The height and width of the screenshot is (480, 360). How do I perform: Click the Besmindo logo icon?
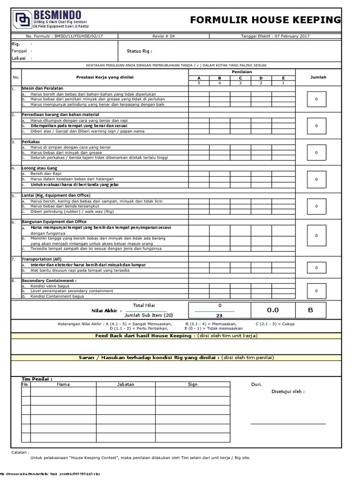22,19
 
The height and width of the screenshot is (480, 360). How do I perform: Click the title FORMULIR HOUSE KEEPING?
265,20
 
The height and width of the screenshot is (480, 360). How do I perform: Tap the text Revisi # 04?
163,36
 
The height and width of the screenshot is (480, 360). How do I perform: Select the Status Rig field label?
139,51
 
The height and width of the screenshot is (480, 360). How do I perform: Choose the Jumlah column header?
318,77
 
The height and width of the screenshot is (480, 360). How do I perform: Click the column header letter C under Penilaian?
240,78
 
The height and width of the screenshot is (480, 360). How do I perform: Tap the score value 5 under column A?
198,83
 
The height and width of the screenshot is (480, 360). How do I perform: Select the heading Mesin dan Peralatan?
42,88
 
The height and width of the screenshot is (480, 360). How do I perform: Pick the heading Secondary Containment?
49,281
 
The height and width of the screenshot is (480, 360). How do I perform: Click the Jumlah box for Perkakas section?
316,152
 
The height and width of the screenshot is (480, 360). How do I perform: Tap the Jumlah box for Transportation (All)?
316,268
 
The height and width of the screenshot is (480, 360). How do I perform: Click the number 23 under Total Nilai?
220,315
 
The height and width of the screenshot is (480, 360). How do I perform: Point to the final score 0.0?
273,310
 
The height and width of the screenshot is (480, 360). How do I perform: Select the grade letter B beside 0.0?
310,310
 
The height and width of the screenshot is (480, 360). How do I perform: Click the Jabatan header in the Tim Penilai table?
125,384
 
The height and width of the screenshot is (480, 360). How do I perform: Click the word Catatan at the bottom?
20,452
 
